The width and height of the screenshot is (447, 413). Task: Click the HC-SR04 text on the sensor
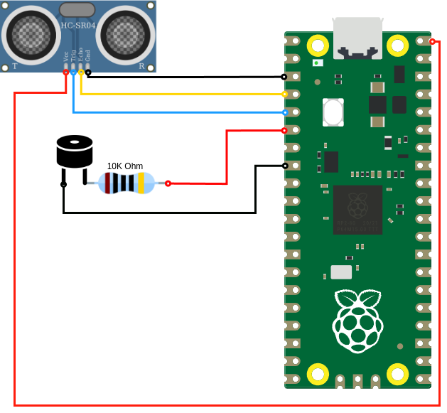[x=77, y=26]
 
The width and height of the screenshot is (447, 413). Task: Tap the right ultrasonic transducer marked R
[x=126, y=33]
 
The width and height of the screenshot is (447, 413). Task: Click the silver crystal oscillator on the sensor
[x=77, y=9]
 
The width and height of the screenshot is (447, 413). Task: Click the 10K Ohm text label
[x=125, y=166]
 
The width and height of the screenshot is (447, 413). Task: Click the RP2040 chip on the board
[x=357, y=210]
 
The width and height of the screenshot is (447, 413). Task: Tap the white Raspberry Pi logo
[x=357, y=321]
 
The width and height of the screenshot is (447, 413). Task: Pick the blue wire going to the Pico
[x=178, y=112]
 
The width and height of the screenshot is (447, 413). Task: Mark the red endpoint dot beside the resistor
[x=168, y=183]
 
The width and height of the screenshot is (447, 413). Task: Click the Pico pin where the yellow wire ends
[x=285, y=94]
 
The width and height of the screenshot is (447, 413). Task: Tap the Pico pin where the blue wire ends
[x=285, y=112]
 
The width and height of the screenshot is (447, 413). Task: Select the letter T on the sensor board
[x=14, y=66]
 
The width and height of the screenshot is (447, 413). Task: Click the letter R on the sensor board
[x=141, y=66]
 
